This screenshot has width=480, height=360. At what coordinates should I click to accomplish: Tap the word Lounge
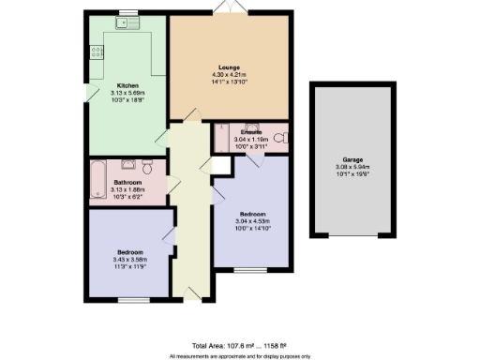(x=230, y=67)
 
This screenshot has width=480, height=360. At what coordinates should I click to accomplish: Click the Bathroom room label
(x=127, y=182)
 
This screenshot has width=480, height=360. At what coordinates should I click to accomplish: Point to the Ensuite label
(x=251, y=132)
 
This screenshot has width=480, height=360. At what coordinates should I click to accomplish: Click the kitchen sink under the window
(x=123, y=22)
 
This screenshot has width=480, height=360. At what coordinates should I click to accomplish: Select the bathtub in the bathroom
(x=97, y=181)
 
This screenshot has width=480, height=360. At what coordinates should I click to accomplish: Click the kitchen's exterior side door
(x=88, y=94)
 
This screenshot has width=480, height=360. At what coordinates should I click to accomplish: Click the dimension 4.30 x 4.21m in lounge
(x=230, y=75)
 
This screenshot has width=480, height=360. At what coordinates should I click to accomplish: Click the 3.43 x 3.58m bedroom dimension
(x=130, y=260)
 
